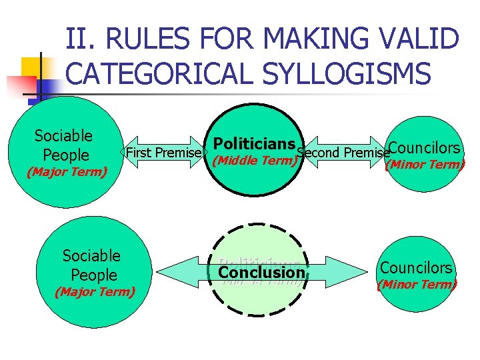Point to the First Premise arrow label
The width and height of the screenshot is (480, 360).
(x=164, y=153)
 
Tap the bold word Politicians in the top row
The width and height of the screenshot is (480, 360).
(x=254, y=144)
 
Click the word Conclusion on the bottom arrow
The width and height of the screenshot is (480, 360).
(x=261, y=272)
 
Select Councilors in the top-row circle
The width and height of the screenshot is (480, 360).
(x=424, y=148)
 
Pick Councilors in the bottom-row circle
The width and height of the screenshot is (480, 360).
(x=416, y=268)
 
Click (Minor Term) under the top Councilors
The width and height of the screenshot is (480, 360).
(x=425, y=165)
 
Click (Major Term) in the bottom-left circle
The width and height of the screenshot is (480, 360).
(x=94, y=291)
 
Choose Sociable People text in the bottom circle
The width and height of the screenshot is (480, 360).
(x=91, y=265)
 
